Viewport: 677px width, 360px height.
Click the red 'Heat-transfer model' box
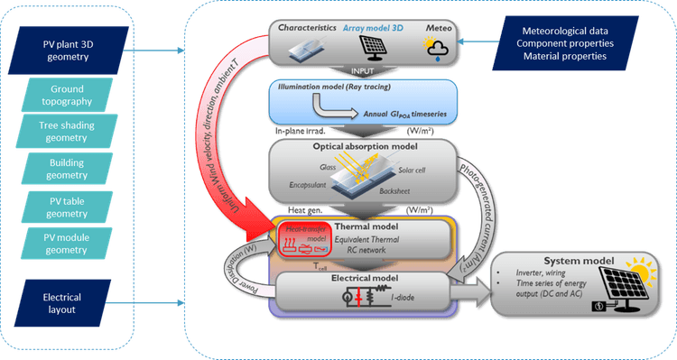tap(303, 239)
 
